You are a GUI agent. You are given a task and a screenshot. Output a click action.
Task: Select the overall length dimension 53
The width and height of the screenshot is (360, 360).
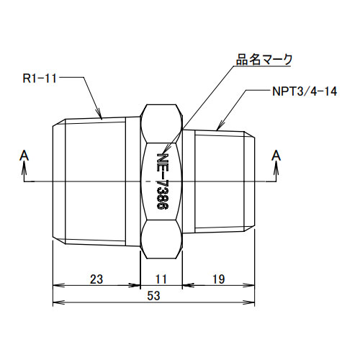click(x=154, y=296)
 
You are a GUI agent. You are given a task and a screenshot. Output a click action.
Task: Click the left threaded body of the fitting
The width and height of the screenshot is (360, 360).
click(x=94, y=180)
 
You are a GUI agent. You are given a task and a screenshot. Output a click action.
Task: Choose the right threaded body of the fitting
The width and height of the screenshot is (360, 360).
click(x=220, y=180)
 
